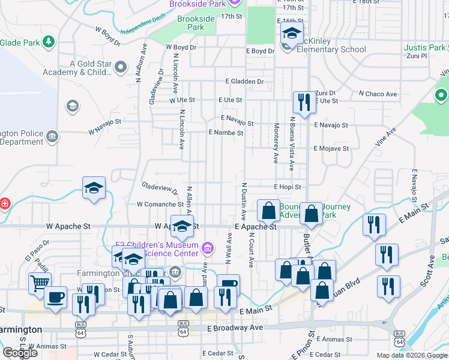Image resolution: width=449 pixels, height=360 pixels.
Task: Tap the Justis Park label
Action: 425,47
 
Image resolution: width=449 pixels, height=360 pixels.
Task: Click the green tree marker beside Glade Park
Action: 49,42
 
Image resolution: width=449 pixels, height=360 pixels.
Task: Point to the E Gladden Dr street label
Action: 245,81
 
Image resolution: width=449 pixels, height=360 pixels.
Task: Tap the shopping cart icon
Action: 40,283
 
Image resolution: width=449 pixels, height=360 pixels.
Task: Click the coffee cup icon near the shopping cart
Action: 55,296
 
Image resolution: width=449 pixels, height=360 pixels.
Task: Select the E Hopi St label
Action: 287,187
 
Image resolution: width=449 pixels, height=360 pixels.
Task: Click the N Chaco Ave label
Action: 378,94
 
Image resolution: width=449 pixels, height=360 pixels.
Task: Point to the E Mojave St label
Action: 331,148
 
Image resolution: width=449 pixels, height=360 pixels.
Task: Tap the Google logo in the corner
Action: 19,353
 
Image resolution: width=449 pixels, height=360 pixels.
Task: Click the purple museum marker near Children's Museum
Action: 207,247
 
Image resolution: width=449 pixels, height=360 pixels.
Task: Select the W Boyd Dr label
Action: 181,47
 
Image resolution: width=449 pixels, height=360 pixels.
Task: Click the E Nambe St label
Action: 226,133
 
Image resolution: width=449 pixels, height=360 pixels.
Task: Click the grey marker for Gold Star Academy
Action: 121,67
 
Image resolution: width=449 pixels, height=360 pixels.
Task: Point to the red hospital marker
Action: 4,203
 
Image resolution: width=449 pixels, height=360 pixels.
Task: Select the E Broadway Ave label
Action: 235,328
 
